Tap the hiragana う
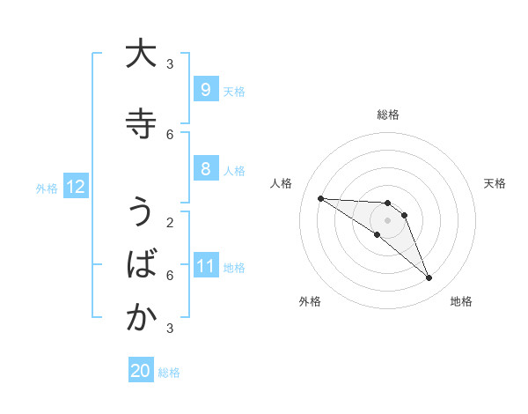point(140,212)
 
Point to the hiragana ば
point(140,264)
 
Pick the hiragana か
point(140,318)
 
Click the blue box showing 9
point(205,90)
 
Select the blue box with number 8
point(205,169)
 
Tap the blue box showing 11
point(205,266)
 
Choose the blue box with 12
point(76,187)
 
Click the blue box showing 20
point(141,371)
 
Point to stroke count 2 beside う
point(170,222)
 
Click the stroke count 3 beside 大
point(170,63)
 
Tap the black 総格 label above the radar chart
point(388,115)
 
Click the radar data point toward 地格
point(429,278)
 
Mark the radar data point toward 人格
point(320,198)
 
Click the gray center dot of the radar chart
point(388,219)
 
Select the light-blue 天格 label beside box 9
point(234,91)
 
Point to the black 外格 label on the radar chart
point(310,301)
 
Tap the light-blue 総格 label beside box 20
point(169,373)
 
